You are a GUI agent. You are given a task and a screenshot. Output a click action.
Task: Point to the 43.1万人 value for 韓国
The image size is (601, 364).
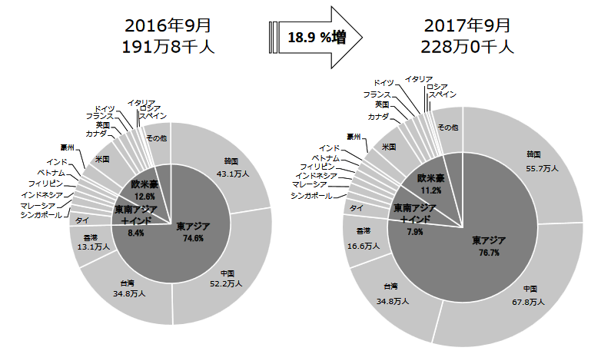[232, 174]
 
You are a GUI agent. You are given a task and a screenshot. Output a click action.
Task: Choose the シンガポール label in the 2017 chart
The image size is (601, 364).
[312, 196]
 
